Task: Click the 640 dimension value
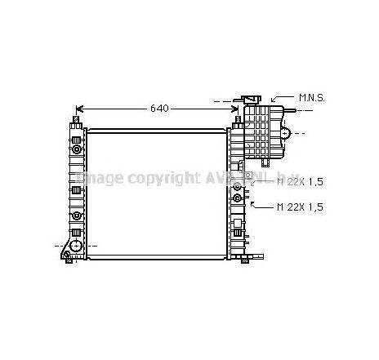(x=160, y=108)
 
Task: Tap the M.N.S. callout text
(x=312, y=97)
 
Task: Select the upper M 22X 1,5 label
(x=299, y=181)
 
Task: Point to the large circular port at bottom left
(x=75, y=245)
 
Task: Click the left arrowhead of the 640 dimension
(x=80, y=108)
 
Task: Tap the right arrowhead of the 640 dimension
(x=232, y=108)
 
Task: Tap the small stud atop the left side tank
(x=75, y=121)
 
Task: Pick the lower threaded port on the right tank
(x=238, y=198)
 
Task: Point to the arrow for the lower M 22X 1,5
(x=255, y=204)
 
